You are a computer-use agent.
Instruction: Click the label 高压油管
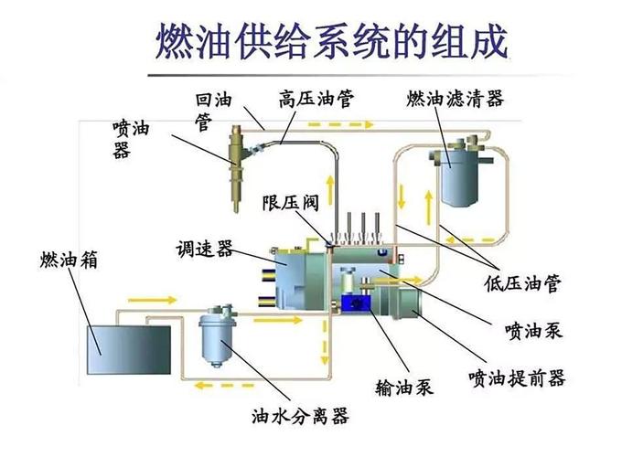316,97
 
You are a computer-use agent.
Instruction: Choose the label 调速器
204,248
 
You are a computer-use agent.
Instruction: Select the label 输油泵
403,387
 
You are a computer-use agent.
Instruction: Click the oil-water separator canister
218,332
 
